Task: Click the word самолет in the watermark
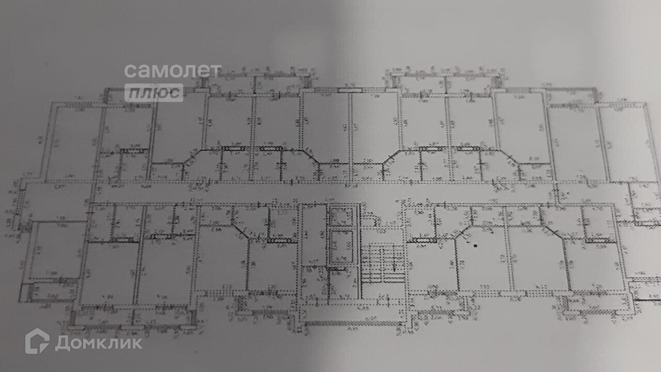click(x=172, y=71)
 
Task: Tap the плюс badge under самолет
click(x=154, y=92)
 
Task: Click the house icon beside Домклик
click(x=37, y=342)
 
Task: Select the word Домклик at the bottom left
click(x=98, y=343)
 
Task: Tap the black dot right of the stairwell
click(x=475, y=245)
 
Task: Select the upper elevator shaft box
click(x=341, y=215)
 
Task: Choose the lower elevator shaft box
click(x=341, y=247)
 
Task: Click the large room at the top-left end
click(x=72, y=142)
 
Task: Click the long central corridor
click(x=320, y=192)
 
